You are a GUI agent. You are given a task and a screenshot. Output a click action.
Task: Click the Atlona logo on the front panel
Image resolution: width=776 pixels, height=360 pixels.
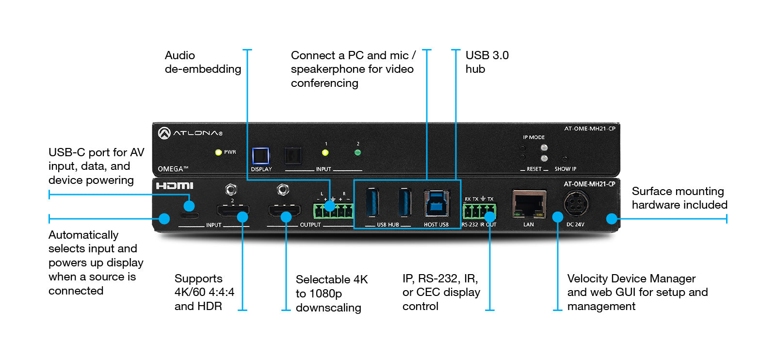[190, 132]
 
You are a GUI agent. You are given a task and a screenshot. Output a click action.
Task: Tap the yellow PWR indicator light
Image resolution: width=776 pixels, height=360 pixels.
[218, 152]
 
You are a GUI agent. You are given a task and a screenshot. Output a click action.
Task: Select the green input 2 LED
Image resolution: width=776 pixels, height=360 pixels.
[358, 152]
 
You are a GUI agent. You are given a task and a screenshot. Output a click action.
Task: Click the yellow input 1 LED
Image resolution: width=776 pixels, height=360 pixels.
[325, 152]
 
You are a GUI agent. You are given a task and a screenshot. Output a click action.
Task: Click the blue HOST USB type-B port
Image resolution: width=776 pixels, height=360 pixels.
[436, 203]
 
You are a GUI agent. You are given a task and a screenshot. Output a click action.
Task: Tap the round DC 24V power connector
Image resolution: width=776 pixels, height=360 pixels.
[576, 203]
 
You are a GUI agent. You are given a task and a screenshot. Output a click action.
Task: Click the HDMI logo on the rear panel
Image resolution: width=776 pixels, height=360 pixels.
[175, 186]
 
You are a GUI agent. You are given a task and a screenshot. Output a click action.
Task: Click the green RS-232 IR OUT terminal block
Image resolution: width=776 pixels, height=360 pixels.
[479, 211]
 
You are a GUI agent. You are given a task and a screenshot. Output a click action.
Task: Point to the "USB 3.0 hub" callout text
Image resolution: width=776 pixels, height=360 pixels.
[486, 62]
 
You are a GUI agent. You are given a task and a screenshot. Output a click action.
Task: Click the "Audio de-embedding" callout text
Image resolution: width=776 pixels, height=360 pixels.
[203, 62]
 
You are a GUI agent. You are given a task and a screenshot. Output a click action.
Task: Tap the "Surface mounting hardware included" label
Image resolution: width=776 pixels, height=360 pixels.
[679, 198]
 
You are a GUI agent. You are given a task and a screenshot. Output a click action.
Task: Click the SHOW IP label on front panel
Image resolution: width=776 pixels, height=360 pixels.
[565, 169]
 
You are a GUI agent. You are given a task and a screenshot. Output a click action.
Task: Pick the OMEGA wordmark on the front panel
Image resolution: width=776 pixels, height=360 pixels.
[173, 169]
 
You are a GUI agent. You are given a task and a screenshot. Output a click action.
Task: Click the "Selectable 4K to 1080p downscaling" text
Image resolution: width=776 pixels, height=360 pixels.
[332, 294]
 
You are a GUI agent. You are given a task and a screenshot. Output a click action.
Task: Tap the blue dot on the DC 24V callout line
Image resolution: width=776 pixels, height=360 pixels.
[558, 217]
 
